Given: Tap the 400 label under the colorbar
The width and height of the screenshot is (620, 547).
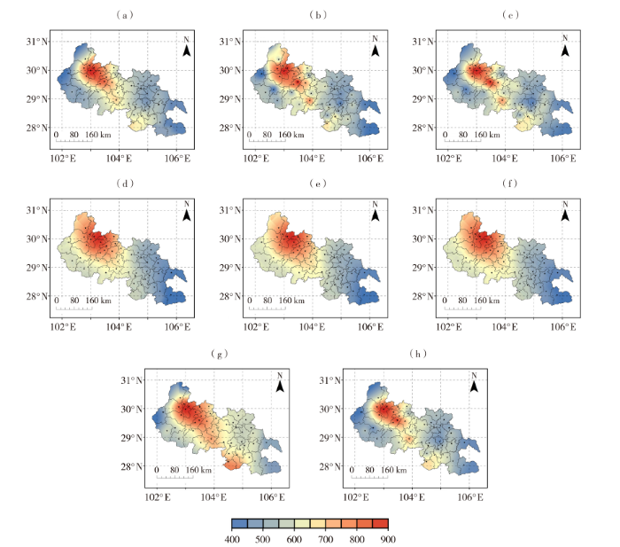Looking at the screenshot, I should tap(233, 539).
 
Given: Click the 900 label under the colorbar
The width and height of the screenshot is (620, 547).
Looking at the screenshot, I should tap(386, 539).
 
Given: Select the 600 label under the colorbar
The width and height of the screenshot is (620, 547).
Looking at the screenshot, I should tap(294, 539).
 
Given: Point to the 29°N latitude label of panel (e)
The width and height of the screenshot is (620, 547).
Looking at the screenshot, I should tap(236, 268).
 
